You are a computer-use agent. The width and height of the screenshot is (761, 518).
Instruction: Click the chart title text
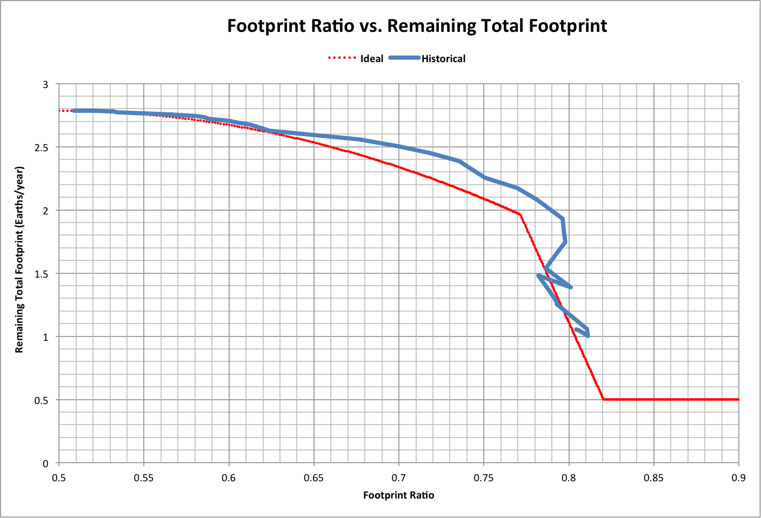(417, 26)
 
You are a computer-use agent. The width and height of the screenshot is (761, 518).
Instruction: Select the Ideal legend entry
(372, 59)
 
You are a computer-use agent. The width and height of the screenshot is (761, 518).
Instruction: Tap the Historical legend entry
(443, 59)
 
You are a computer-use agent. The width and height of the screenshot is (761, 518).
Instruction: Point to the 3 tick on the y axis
(45, 84)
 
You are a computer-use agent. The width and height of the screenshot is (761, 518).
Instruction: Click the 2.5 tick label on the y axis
(42, 147)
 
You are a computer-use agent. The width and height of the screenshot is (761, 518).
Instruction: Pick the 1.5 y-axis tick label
(42, 274)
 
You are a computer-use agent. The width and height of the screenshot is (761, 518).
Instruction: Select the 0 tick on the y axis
(45, 463)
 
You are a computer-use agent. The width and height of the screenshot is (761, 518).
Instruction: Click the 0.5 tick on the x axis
(58, 478)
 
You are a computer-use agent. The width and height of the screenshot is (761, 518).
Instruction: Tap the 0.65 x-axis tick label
(313, 478)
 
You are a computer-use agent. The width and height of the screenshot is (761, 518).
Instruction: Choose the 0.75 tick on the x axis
(484, 478)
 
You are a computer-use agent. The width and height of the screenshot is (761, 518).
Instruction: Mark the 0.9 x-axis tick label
(738, 478)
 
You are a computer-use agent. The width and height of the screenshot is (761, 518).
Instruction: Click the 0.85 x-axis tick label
(653, 478)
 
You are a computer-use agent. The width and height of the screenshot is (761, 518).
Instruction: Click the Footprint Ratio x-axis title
(398, 495)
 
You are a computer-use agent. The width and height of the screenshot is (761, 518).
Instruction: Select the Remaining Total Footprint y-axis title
(19, 259)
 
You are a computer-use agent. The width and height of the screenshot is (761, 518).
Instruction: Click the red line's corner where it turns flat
(603, 399)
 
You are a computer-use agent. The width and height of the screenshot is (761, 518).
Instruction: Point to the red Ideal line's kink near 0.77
(520, 214)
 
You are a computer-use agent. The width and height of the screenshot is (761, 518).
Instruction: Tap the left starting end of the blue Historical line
(74, 111)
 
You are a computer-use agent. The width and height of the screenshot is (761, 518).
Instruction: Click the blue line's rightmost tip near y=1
(588, 336)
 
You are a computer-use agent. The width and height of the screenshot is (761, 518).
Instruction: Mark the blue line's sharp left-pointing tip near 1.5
(538, 275)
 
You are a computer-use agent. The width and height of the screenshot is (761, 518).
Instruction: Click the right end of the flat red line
(738, 399)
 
